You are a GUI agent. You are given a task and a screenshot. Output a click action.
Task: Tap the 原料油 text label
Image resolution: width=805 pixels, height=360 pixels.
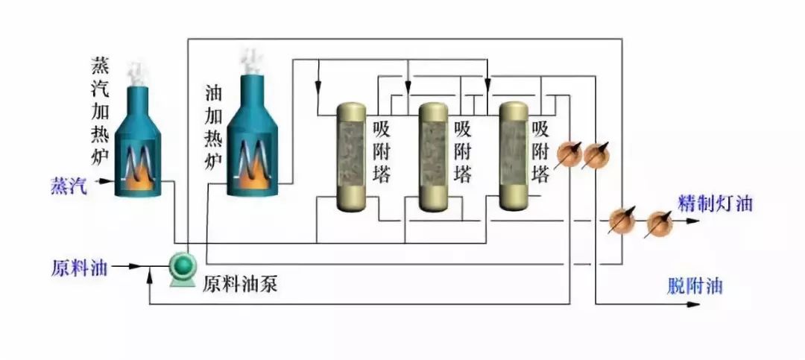[78, 267]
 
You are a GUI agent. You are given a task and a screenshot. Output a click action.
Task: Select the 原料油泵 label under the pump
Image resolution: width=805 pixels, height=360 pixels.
[240, 284]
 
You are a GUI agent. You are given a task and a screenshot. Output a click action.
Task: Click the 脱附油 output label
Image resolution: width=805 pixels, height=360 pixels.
[694, 286]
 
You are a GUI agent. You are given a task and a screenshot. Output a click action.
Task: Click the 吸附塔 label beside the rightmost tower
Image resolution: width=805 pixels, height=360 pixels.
[541, 152]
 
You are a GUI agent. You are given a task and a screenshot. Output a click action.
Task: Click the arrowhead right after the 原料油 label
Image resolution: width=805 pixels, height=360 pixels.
[136, 265]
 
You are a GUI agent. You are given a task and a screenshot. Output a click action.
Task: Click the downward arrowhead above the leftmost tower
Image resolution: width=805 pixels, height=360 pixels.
[318, 79]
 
